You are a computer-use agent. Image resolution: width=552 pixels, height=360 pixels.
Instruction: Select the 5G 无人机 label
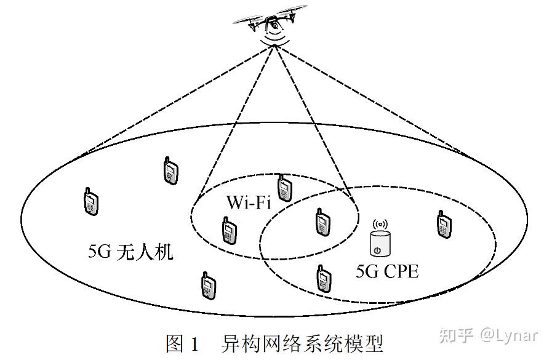coord(131,252)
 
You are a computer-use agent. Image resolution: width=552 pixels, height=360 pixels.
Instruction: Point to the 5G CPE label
coord(387,271)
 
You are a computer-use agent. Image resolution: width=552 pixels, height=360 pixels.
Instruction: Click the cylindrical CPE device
coord(379,244)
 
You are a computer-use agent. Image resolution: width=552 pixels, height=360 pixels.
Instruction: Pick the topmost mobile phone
coord(169,170)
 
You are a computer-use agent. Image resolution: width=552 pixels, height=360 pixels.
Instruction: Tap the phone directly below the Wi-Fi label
coord(228,230)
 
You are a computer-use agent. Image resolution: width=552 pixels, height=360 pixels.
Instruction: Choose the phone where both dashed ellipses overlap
coord(320,222)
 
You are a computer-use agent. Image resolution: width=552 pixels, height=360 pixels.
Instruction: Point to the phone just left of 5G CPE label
coord(321,278)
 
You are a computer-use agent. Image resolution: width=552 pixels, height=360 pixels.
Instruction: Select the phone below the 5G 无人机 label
coord(209,286)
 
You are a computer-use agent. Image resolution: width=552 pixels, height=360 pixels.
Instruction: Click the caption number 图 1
coord(182,343)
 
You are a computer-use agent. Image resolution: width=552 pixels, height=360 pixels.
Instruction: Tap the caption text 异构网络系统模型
coord(302,343)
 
